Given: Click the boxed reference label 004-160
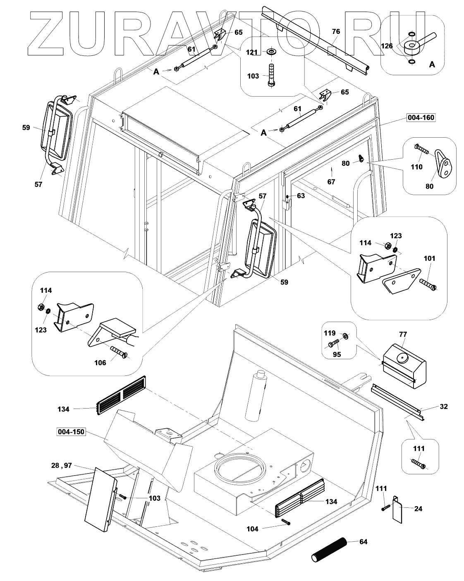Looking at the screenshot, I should [421, 118].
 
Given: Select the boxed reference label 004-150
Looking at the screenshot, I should [71, 432].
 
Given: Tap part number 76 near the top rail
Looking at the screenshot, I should [336, 31].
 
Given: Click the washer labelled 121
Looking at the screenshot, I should [273, 52].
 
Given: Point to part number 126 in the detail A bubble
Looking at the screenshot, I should [387, 46].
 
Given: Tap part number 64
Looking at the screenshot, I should [363, 541].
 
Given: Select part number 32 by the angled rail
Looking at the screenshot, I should [443, 406].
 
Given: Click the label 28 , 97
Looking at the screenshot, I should [62, 466].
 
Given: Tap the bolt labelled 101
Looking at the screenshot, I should [428, 285].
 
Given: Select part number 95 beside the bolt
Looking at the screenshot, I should [337, 354].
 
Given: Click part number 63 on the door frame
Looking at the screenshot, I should [301, 196].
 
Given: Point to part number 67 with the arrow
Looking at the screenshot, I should [331, 181].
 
